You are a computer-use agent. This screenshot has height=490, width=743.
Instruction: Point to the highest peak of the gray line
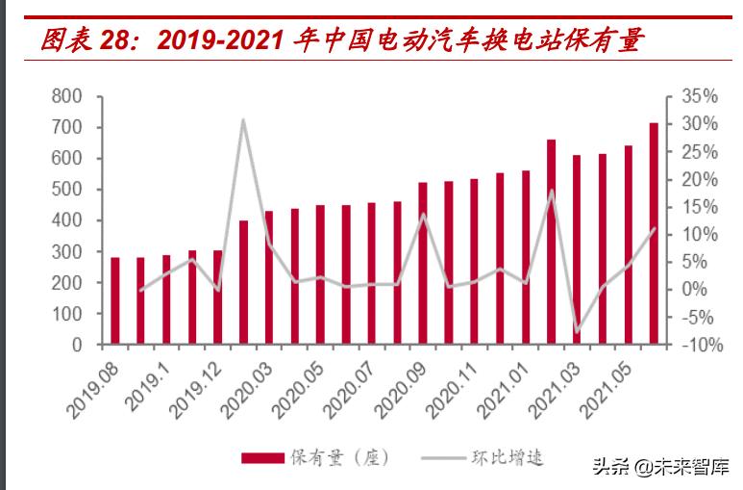tap(243, 120)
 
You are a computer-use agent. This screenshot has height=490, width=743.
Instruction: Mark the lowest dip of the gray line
tap(577, 332)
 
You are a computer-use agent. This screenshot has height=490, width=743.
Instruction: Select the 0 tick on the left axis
tap(78, 345)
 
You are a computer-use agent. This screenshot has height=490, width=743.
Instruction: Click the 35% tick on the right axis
tap(699, 96)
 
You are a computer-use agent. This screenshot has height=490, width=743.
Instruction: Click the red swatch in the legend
tap(260, 456)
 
